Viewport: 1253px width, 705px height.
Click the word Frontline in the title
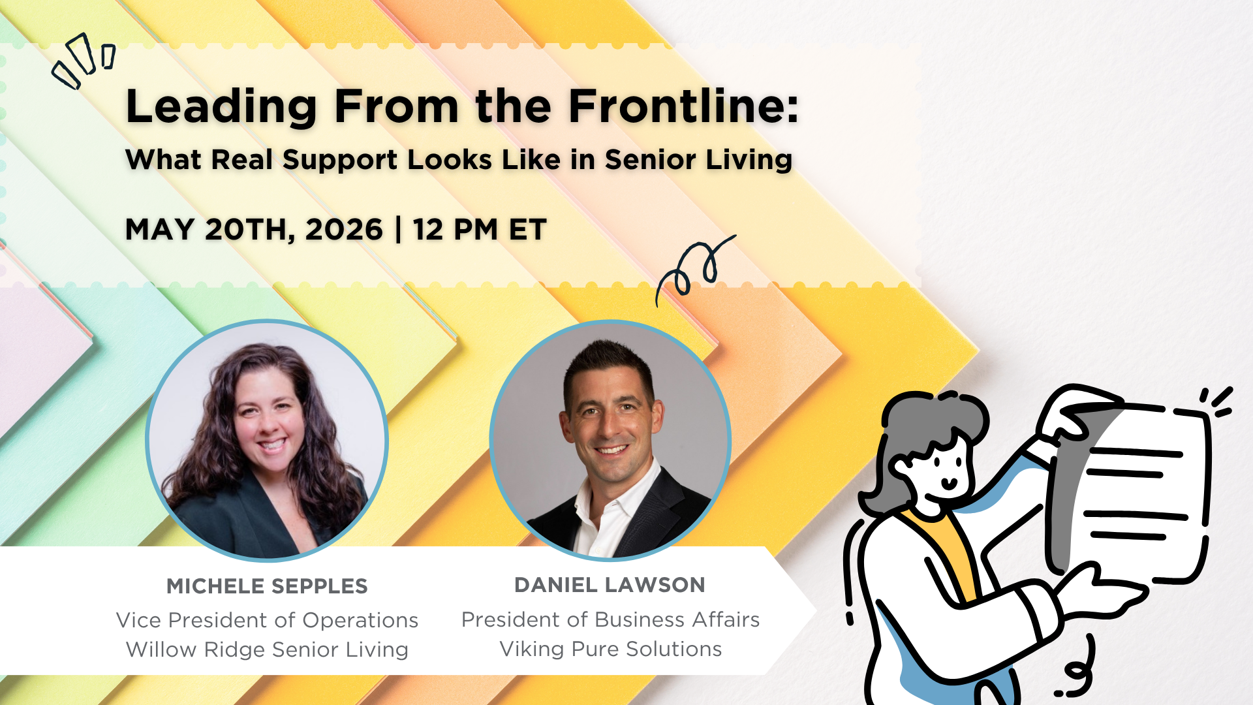684,106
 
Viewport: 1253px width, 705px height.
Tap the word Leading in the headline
221,106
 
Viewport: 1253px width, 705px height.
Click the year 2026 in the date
344,230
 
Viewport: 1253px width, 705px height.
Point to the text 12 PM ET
480,230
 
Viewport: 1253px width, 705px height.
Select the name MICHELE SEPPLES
267,586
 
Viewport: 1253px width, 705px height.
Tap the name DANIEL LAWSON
610,585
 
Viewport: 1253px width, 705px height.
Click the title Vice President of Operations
267,620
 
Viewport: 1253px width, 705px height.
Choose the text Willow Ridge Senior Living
267,650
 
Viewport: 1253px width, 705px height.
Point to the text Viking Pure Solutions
611,650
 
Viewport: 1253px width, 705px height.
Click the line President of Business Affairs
611,619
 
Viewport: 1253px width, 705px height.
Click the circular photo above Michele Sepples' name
267,441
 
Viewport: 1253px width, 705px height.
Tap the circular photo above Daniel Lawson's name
610,441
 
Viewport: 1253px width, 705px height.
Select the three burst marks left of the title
84,61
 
